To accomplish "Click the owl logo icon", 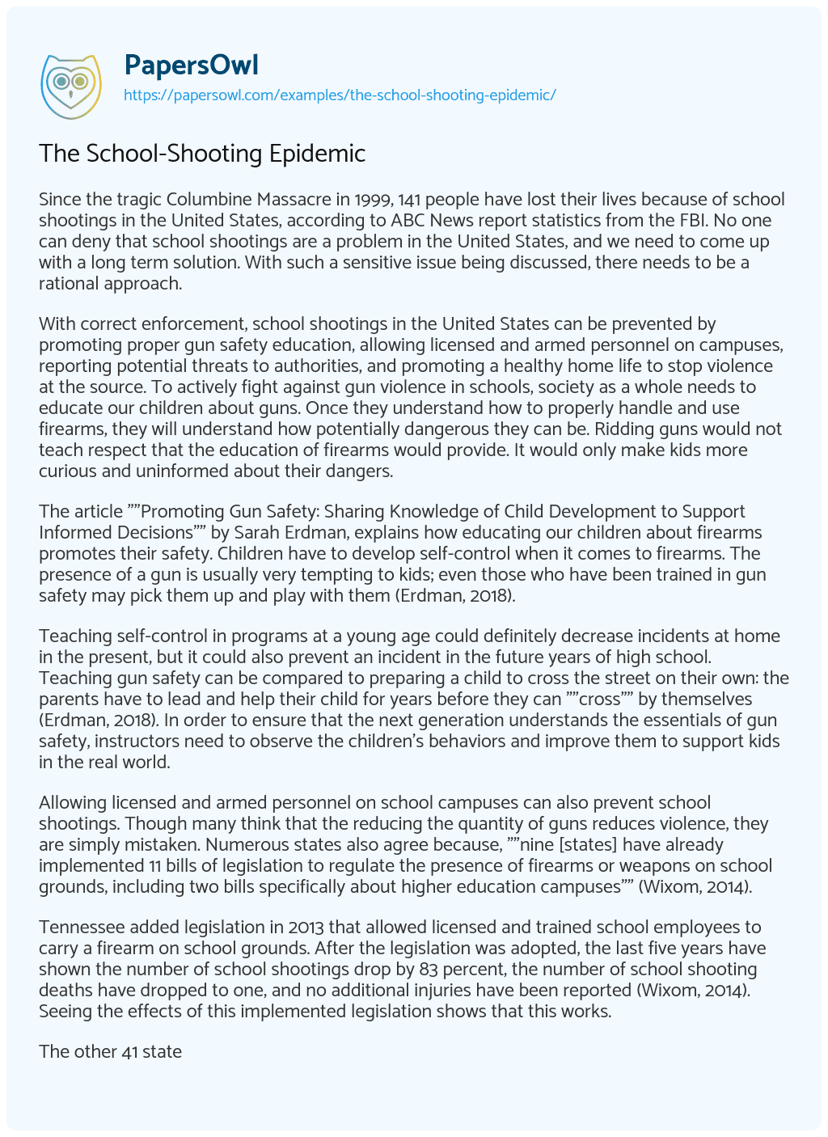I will coord(70,82).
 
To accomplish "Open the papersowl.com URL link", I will coord(339,95).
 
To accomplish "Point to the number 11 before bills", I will coord(133,865).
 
